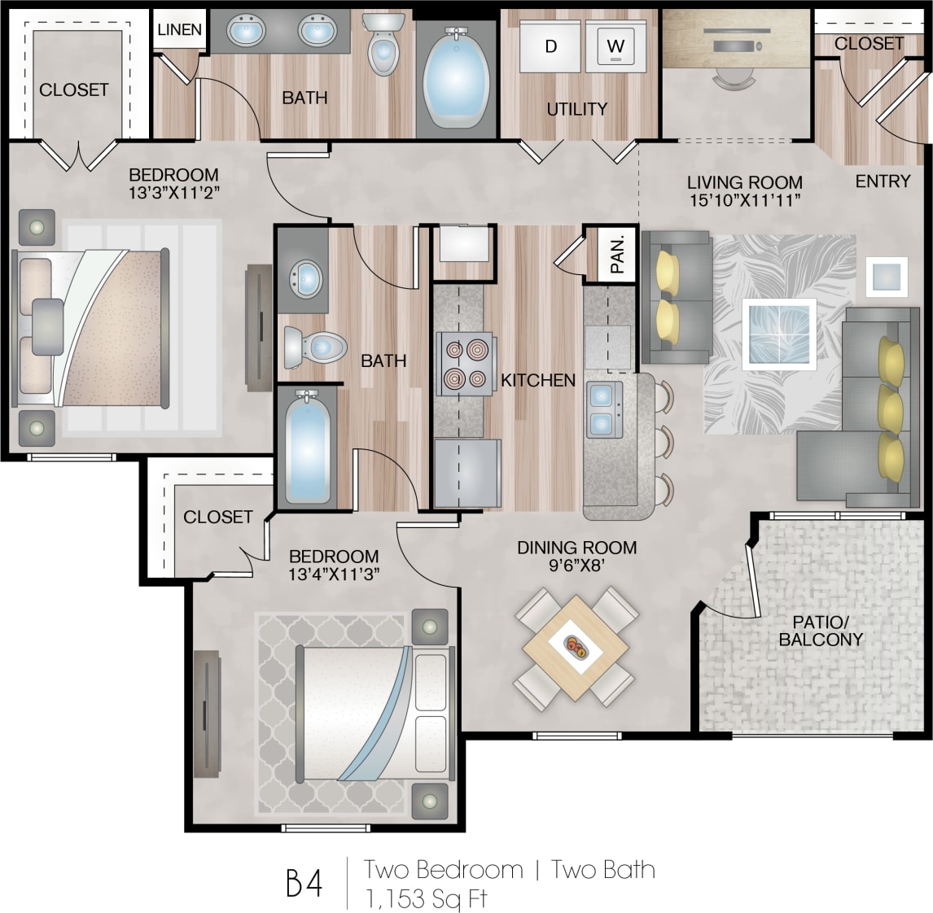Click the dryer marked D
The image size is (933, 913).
[550, 46]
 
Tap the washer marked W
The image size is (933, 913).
[615, 46]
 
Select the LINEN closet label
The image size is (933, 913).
[179, 30]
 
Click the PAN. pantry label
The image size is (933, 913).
[617, 255]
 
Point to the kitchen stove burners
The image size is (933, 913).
[464, 364]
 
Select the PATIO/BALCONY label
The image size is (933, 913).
[820, 631]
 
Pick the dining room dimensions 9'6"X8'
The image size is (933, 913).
[576, 566]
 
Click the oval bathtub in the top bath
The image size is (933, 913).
[456, 78]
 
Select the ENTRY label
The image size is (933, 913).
[883, 181]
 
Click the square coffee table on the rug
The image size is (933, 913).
[778, 334]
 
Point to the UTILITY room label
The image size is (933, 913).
[576, 109]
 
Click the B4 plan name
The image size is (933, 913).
[304, 883]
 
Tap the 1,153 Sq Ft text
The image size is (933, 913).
[426, 898]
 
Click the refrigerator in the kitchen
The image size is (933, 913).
[466, 474]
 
